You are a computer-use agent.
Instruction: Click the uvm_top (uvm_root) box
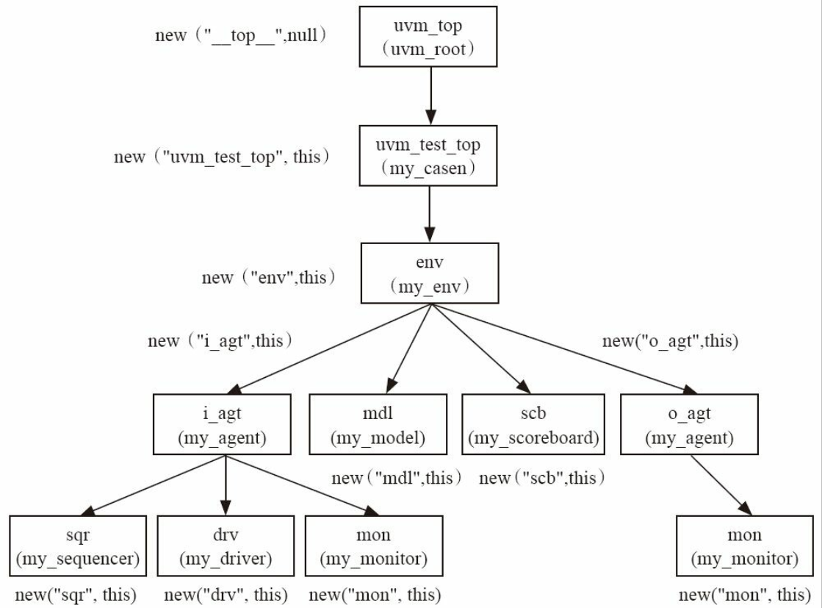(x=428, y=37)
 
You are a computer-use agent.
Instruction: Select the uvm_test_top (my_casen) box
(x=428, y=156)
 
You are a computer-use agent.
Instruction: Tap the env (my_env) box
(x=429, y=273)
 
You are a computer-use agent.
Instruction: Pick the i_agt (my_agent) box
(x=222, y=424)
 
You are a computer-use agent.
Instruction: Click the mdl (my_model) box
(x=378, y=424)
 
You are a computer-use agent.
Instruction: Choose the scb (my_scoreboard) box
(x=533, y=424)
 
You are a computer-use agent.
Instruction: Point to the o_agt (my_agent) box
(x=689, y=424)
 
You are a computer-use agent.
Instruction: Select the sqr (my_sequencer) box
(x=78, y=546)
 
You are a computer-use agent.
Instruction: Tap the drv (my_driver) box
(x=226, y=546)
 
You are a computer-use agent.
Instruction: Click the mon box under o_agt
(x=745, y=546)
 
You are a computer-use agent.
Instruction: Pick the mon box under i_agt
(x=374, y=546)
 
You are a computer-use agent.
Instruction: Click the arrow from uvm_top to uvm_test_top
(x=431, y=96)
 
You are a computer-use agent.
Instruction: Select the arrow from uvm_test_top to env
(x=430, y=215)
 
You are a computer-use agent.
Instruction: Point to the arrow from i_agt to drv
(x=226, y=485)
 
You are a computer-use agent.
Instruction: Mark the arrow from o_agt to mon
(x=721, y=485)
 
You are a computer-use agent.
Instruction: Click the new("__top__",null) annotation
(x=241, y=35)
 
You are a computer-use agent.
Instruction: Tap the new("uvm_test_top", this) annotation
(x=222, y=157)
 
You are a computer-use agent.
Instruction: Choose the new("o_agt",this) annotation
(x=671, y=341)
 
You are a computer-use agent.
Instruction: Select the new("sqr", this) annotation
(x=76, y=595)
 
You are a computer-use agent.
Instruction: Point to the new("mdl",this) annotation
(x=397, y=478)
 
